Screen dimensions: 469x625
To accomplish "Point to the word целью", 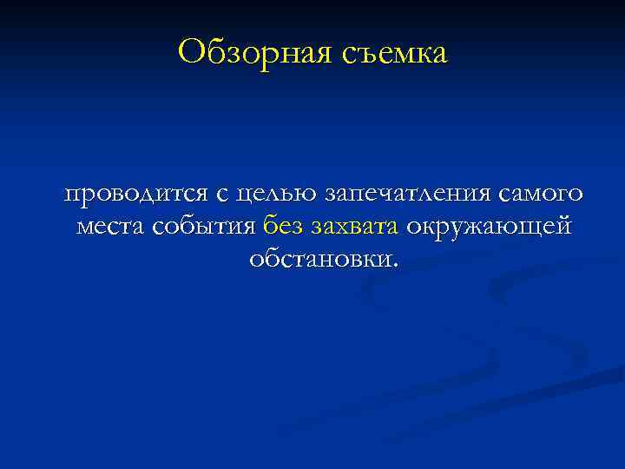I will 263,194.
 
